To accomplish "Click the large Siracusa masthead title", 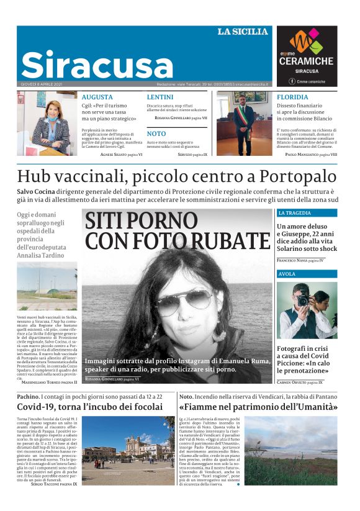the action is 97,65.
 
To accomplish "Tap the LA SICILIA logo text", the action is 242,32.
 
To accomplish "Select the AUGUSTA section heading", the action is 97,97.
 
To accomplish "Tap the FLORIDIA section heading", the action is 292,97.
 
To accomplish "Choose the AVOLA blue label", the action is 287,273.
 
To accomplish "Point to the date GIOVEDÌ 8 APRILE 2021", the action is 42,84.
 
